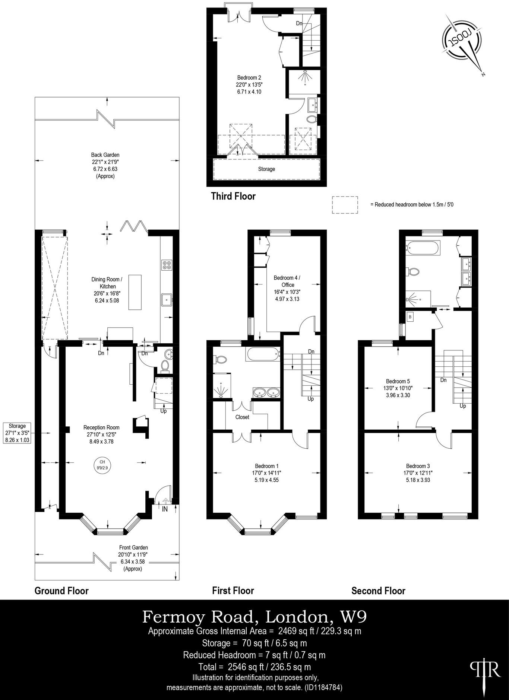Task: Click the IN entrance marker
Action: [165, 509]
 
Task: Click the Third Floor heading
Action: [233, 196]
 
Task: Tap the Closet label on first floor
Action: [242, 417]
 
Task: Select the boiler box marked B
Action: [410, 317]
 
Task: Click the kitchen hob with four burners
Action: [167, 265]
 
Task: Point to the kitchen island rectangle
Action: [135, 292]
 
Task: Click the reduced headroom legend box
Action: [345, 205]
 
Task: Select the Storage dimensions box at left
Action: [17, 433]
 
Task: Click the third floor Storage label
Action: [266, 169]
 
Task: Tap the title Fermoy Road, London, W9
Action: [254, 617]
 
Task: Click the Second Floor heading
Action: [378, 591]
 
